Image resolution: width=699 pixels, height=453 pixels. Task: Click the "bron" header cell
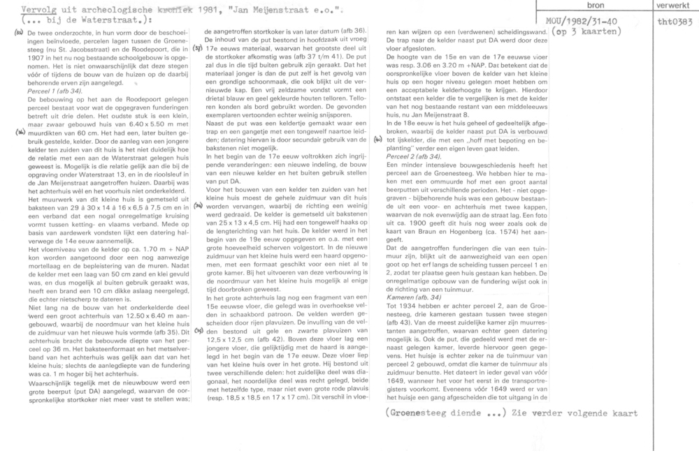(588, 5)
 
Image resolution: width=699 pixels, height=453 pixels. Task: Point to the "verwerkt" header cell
(668, 5)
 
